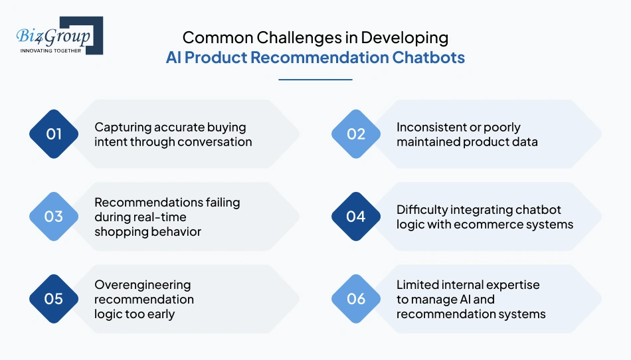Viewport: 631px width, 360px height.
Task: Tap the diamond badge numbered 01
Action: pyautogui.click(x=54, y=134)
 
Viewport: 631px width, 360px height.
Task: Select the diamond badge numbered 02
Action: pyautogui.click(x=356, y=134)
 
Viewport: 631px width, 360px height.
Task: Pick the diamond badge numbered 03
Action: pyautogui.click(x=54, y=217)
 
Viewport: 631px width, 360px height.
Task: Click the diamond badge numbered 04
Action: pyautogui.click(x=356, y=217)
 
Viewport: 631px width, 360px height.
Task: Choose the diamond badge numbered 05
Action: pyautogui.click(x=54, y=299)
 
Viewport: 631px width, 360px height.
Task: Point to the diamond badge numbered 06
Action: pyautogui.click(x=356, y=299)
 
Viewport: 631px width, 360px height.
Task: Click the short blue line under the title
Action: pyautogui.click(x=315, y=80)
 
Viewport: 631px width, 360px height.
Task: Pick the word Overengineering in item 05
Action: pyautogui.click(x=142, y=285)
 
